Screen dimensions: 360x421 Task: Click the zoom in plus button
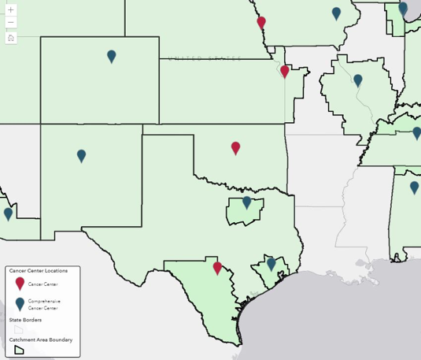[x=10, y=10]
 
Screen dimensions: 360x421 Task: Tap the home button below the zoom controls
[x=10, y=37]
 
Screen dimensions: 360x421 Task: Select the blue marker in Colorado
[x=112, y=56]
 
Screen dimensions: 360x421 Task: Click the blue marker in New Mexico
[x=81, y=155]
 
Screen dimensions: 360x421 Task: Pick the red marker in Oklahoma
[x=235, y=147]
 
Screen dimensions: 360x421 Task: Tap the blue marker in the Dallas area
[x=246, y=202]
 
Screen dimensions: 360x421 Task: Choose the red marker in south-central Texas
[x=217, y=268]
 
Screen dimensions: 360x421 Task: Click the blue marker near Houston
[x=271, y=263]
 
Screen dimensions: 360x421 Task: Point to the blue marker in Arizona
[x=8, y=213]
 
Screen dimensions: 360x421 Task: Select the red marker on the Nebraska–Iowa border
[x=261, y=23]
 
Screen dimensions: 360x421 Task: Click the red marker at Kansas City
[x=285, y=72]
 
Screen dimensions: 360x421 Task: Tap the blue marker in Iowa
[x=336, y=13]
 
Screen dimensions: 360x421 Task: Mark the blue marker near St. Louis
[x=358, y=80]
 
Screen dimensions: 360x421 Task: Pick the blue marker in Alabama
[x=415, y=187]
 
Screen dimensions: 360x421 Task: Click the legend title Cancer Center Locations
[x=39, y=270]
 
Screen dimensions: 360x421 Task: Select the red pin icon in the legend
[x=20, y=284]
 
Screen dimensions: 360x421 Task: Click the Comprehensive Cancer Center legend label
[x=44, y=304]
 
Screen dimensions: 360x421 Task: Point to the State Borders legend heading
[x=26, y=320]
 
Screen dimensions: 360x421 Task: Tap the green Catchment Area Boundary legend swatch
[x=20, y=349]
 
